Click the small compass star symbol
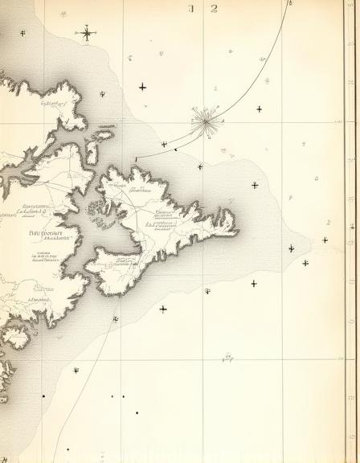pos(87,33)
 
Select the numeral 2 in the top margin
pos(215,9)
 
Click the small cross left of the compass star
pos(22,33)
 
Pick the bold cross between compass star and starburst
pos(142,86)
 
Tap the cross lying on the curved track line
pos(164,145)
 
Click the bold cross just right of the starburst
pos(259,109)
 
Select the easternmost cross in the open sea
pos(325,240)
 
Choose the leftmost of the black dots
pos(43,395)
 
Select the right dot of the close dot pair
pos(123,396)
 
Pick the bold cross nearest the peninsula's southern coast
pos(163,309)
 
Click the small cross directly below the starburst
pos(200,166)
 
